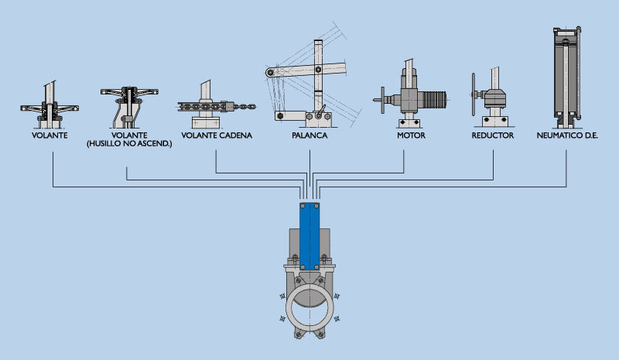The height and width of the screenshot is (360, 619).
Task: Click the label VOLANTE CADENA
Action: [x=216, y=135]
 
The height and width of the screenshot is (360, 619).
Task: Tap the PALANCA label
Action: [x=309, y=135]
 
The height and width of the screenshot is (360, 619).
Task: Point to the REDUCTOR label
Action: [x=493, y=135]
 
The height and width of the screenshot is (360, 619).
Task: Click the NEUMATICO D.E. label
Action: [x=568, y=135]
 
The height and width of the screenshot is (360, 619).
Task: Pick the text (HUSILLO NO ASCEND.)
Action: [x=125, y=144]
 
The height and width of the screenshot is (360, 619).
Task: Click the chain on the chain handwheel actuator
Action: [x=241, y=105]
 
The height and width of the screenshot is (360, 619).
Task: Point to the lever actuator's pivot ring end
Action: [x=269, y=74]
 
